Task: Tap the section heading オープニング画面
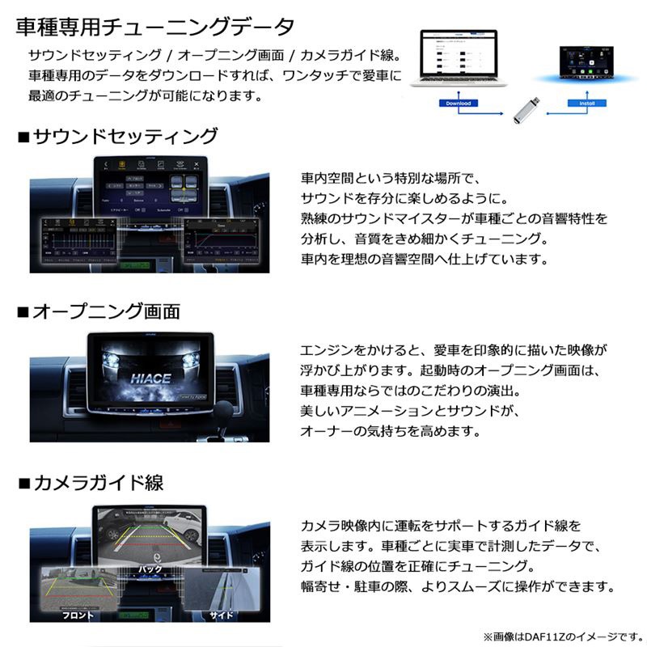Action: point(106,311)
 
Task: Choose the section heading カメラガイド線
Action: point(98,484)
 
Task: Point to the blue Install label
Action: point(581,104)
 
